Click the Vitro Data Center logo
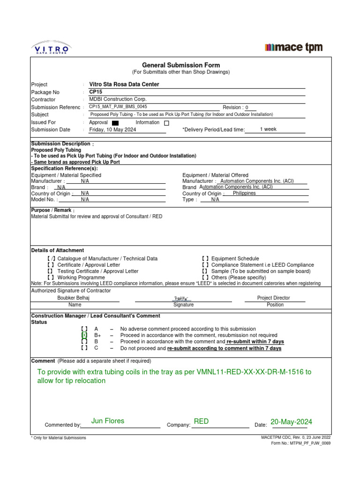point(51,48)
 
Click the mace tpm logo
point(293,47)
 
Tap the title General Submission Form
point(181,65)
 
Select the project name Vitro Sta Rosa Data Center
point(124,84)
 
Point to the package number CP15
point(96,92)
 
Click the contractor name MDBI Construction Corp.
point(118,99)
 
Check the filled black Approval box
point(115,123)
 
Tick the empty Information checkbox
point(166,123)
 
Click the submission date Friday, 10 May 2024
point(112,130)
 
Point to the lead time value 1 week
point(268,129)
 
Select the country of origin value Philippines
point(244,193)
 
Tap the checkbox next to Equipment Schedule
point(205,258)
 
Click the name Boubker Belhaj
point(73,298)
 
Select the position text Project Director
point(273,298)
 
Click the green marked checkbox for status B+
point(84,335)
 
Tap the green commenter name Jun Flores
point(108,421)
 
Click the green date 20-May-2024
point(291,422)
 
